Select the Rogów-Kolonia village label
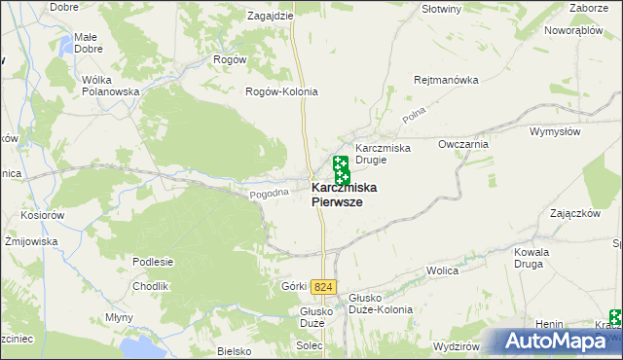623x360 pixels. [281, 91]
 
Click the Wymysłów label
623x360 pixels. [555, 130]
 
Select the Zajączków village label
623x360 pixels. [572, 213]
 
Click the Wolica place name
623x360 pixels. [442, 271]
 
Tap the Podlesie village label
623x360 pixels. [153, 261]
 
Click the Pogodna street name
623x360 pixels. [270, 194]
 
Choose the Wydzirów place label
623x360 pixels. [457, 346]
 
